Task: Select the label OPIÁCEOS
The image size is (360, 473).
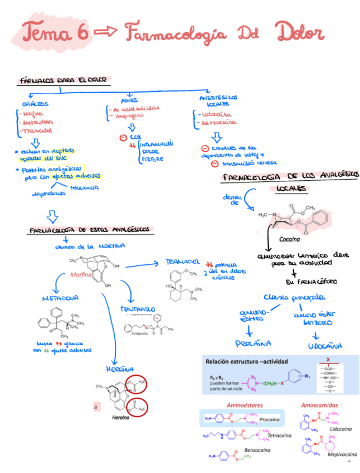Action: [35, 104]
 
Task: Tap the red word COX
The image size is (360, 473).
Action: [135, 137]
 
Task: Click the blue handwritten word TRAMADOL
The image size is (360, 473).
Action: [182, 262]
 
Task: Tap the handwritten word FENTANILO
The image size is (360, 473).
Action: [137, 308]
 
